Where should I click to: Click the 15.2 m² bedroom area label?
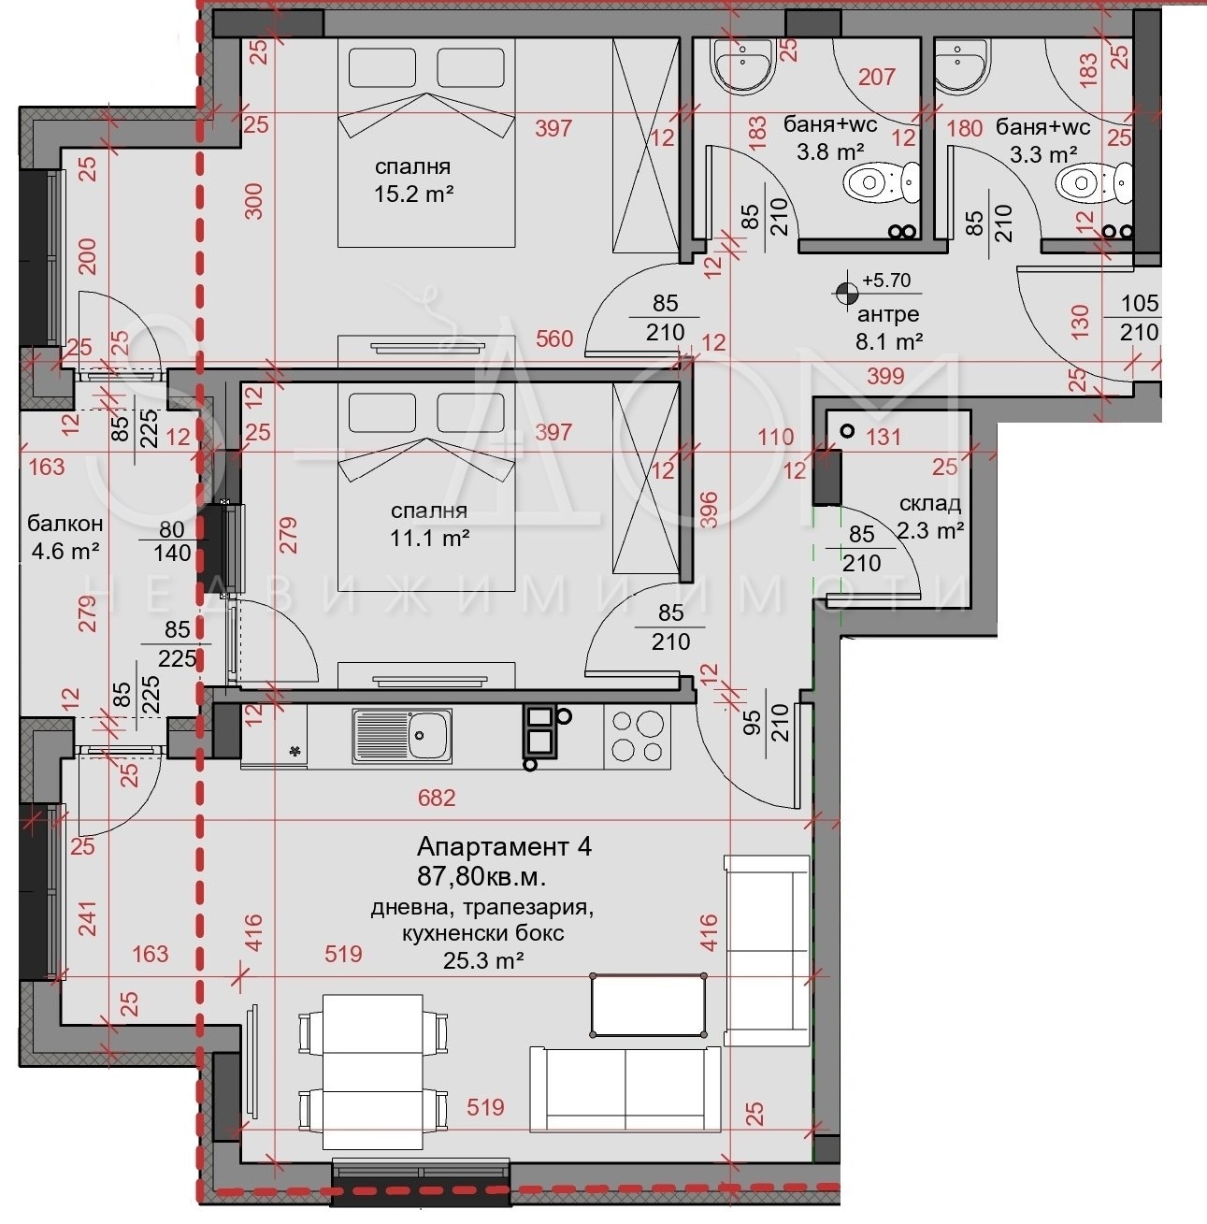[x=413, y=194]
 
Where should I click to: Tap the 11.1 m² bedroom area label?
[x=429, y=538]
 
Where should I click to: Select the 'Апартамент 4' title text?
[x=504, y=846]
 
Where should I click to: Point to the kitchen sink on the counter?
[x=401, y=736]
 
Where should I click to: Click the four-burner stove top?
[x=637, y=737]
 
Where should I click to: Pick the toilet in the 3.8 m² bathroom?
[x=881, y=182]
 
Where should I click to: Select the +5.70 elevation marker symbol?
[x=846, y=293]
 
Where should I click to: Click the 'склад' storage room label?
[x=930, y=504]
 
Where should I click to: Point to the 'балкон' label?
[x=65, y=524]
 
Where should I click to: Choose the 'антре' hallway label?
[x=888, y=314]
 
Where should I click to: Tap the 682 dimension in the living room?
[x=437, y=798]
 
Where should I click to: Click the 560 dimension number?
[x=554, y=338]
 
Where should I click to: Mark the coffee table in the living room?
[x=649, y=1005]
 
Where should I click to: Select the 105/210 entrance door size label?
[x=1140, y=318]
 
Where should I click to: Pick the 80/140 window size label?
[x=171, y=541]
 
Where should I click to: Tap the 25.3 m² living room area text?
[x=482, y=960]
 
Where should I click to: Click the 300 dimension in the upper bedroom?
[x=253, y=201]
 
